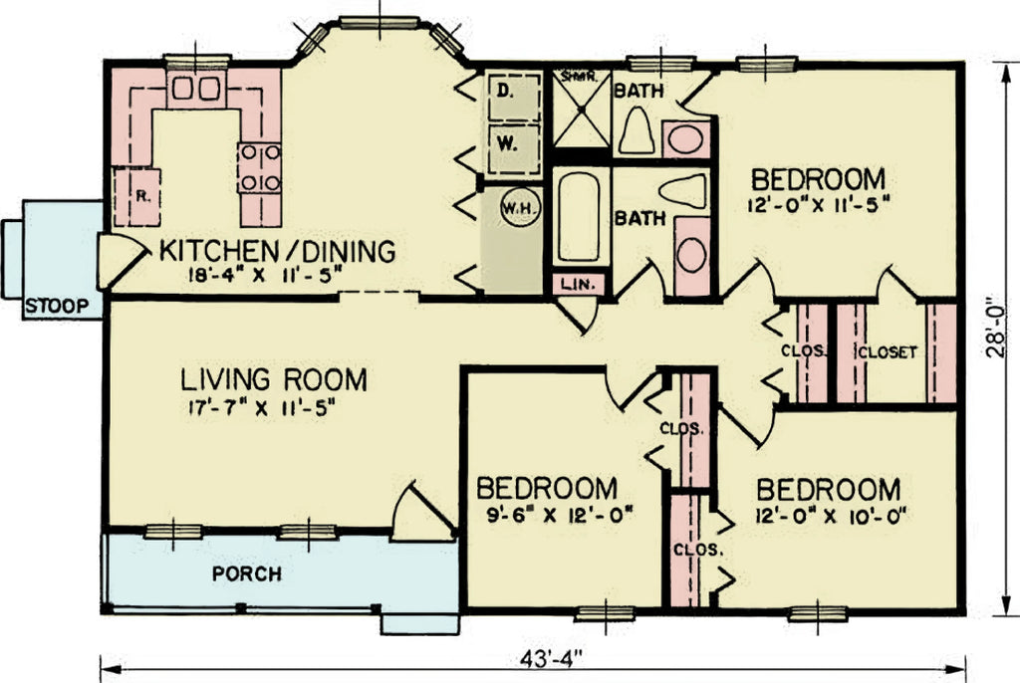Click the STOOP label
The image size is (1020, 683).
click(55, 305)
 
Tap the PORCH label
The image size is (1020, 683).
click(246, 574)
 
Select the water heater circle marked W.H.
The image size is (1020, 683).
click(516, 209)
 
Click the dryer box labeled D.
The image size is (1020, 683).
click(506, 93)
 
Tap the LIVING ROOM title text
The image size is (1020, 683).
click(274, 379)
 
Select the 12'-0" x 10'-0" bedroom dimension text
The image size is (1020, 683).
click(829, 518)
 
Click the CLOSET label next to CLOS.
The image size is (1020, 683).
click(887, 351)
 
